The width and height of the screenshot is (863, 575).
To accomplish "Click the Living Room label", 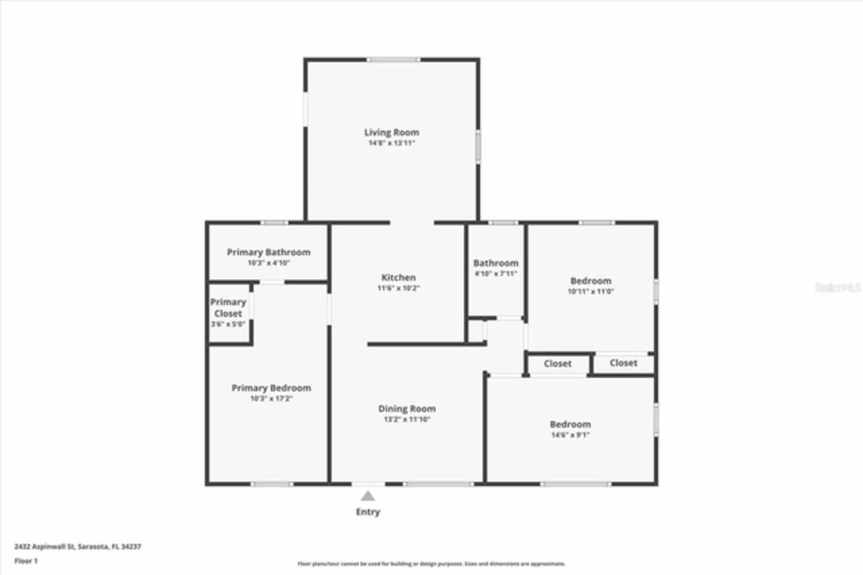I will (x=391, y=132).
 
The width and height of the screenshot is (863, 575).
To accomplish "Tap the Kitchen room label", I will (x=398, y=277).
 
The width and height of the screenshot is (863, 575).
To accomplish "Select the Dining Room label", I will (x=407, y=408).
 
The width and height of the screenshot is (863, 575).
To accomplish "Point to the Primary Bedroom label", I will (x=271, y=388).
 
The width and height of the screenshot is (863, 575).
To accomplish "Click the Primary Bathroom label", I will (x=268, y=252).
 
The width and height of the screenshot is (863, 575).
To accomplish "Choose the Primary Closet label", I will (x=228, y=308).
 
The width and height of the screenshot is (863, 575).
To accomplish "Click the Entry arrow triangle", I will (x=367, y=496).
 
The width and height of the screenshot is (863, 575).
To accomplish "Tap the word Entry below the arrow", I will (x=367, y=512).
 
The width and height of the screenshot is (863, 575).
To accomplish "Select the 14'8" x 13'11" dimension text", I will (x=391, y=144).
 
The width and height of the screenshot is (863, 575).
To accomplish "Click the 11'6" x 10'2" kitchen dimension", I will (x=398, y=288).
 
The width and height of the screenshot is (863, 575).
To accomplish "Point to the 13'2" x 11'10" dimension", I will (x=407, y=419).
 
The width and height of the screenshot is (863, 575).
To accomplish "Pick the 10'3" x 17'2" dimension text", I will (x=271, y=399).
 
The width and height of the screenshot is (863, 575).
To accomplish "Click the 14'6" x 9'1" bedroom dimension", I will (x=570, y=435).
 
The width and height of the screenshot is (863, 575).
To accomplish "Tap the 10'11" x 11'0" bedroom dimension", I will (x=591, y=292).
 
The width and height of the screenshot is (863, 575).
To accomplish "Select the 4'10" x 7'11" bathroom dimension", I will (x=496, y=274).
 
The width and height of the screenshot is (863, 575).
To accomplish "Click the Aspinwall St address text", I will (x=78, y=547).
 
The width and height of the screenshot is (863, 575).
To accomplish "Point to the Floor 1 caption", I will (x=26, y=561).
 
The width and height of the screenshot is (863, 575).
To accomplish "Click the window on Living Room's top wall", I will (x=392, y=60).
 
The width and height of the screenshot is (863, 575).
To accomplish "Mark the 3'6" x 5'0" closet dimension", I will (x=228, y=325).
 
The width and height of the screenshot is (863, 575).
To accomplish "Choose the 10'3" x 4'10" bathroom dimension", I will (x=268, y=263).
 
